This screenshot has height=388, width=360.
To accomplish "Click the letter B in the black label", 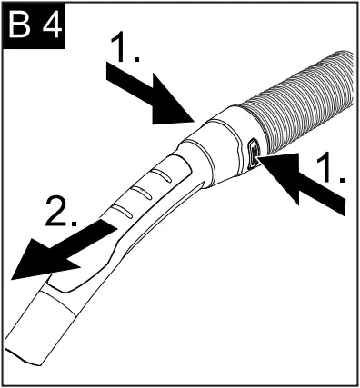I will [x=22, y=27].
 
